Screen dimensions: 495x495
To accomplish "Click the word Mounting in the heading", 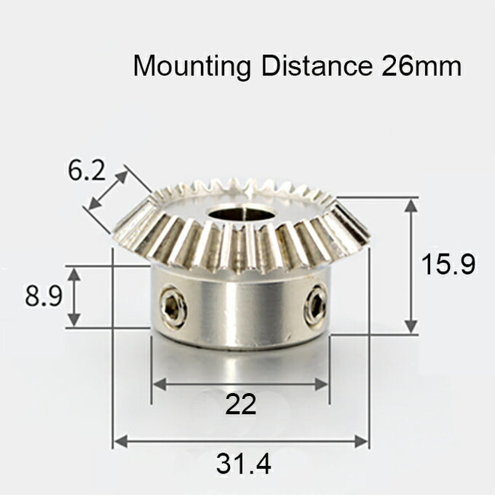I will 192,66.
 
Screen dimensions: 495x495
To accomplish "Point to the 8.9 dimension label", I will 43,295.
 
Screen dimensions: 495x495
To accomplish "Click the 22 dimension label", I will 241,404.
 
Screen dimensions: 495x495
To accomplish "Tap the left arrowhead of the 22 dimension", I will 158,385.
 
